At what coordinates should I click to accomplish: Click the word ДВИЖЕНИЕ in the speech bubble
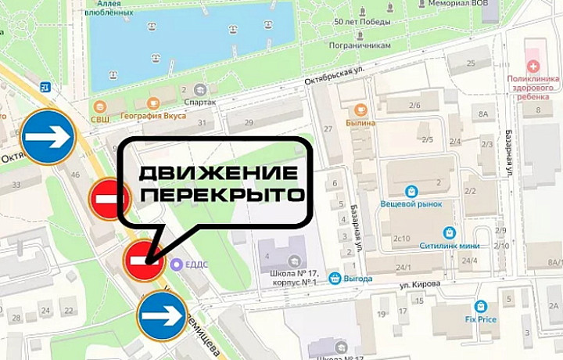point(218,173)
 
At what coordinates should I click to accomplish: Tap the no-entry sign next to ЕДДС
point(142,260)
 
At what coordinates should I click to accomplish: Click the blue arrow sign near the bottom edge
point(162,316)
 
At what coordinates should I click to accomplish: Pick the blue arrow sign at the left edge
point(48,136)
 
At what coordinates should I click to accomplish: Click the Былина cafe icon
point(360,110)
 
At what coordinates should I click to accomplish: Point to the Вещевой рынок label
point(411,203)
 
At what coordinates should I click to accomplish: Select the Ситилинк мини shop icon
point(449,233)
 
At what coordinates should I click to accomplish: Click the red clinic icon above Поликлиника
point(534,66)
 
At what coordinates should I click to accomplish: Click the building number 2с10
point(401,237)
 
